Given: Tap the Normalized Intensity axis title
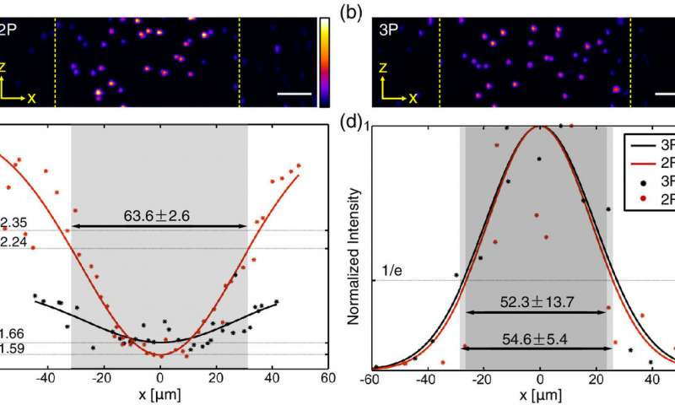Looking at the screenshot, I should pyautogui.click(x=359, y=247).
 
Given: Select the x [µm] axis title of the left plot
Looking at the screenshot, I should pyautogui.click(x=159, y=395).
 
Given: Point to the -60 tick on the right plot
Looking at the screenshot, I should pyautogui.click(x=372, y=380).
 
